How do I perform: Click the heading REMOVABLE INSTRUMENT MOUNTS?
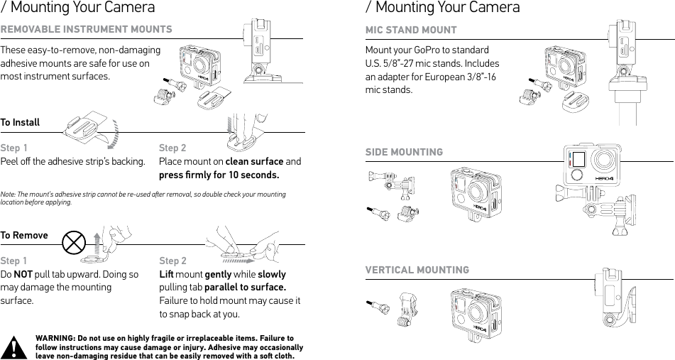(x=86, y=29)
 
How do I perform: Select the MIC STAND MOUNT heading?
(x=411, y=30)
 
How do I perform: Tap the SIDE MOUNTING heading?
(x=404, y=152)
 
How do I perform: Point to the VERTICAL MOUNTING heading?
(x=417, y=270)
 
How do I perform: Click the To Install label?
(x=20, y=123)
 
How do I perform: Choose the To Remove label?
(x=24, y=235)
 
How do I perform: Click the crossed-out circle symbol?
(x=74, y=243)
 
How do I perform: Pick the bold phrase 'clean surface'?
(x=254, y=161)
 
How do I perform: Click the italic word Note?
(x=9, y=194)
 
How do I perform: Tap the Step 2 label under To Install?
(x=172, y=148)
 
